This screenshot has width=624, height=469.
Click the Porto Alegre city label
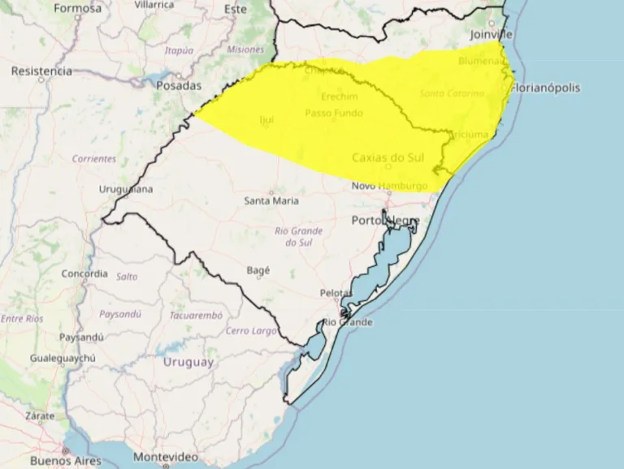385,221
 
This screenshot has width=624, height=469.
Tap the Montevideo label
165,457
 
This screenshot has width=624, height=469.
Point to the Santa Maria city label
271,200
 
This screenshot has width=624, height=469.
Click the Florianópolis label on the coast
545,88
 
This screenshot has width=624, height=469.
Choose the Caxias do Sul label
389,157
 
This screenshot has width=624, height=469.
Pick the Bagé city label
258,270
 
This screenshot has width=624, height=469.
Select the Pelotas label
336,292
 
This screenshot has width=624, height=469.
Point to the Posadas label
178,85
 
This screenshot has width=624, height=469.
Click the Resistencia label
41,71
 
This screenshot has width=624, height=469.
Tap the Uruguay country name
188,362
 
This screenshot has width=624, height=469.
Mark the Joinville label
492,35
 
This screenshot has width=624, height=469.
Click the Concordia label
84,273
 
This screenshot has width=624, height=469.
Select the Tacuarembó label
195,315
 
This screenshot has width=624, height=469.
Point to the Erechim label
340,95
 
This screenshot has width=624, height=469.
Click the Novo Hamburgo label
389,186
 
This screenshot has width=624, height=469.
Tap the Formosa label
78,8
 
